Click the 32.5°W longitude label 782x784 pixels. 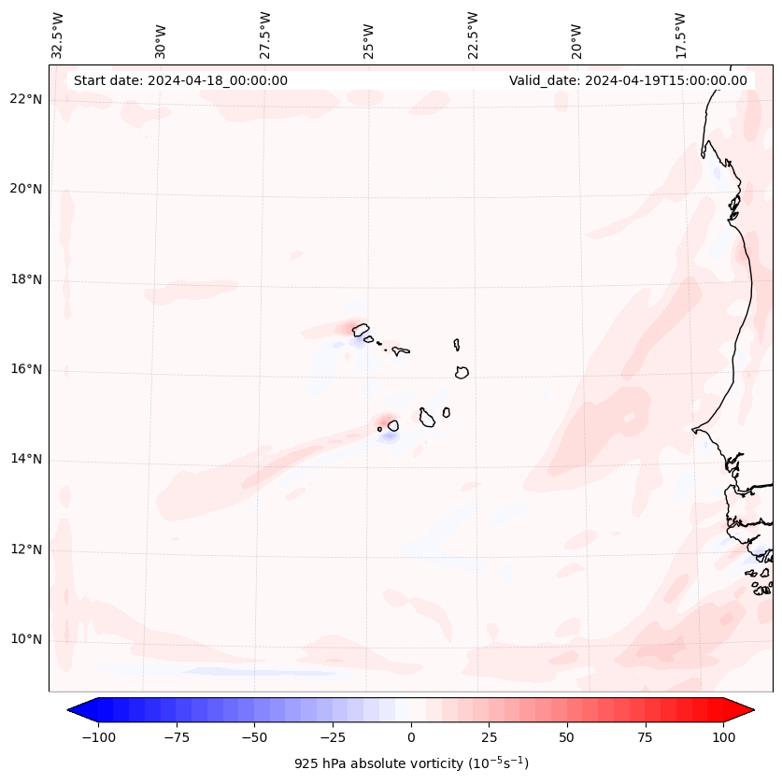click(57, 35)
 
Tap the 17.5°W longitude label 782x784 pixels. click(680, 35)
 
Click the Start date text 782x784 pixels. click(180, 80)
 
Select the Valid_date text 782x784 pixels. click(628, 80)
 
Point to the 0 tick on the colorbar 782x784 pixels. click(411, 737)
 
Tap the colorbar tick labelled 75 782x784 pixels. click(645, 737)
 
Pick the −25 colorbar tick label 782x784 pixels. click(333, 737)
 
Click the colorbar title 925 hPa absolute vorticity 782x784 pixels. click(411, 763)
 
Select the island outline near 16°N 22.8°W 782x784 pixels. click(462, 372)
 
